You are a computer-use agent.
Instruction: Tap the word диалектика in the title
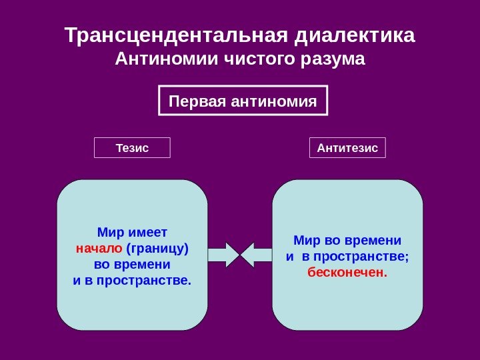click(x=355, y=34)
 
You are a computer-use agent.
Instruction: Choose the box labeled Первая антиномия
click(x=243, y=101)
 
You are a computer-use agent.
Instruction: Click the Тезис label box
click(x=132, y=147)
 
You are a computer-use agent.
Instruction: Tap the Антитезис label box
click(x=347, y=147)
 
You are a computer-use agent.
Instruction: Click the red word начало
click(x=98, y=249)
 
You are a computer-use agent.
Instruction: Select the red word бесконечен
click(x=347, y=272)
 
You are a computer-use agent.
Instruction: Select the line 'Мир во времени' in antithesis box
click(x=347, y=240)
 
